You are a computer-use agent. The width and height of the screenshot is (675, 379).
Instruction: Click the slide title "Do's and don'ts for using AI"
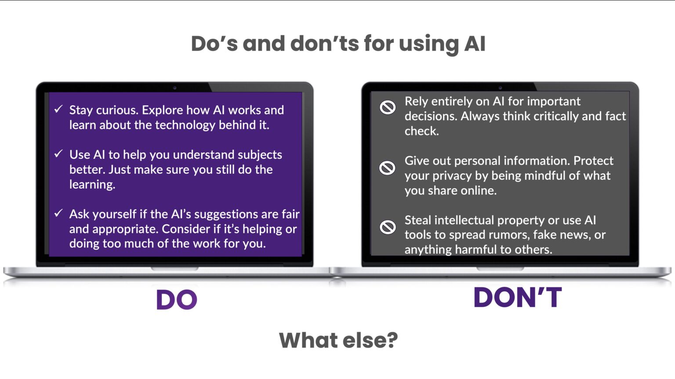[338, 44]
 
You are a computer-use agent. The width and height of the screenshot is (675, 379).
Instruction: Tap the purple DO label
[177, 300]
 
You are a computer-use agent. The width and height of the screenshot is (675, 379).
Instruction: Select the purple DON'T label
[517, 297]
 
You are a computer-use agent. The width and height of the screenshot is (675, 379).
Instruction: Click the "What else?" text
[338, 340]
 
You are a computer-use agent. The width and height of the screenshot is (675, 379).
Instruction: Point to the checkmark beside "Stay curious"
[58, 109]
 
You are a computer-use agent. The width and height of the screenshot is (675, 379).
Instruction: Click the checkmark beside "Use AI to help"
[58, 154]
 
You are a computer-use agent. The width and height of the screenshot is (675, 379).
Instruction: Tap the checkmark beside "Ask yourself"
[58, 213]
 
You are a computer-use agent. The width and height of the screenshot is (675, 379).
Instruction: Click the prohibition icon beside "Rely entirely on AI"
[387, 107]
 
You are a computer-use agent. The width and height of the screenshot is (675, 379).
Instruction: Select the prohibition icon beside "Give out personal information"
[387, 168]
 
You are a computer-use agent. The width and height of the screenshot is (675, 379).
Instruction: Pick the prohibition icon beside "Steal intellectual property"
[387, 227]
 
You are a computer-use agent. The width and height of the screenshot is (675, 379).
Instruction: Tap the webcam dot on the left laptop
[174, 88]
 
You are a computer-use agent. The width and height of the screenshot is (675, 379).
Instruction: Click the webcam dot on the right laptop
[500, 88]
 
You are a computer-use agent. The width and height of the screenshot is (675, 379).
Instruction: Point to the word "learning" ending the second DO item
[92, 185]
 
